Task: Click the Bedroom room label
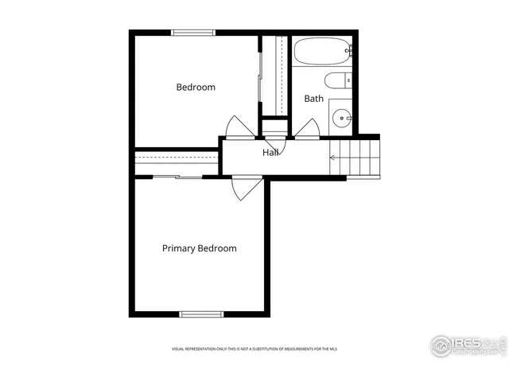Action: click(x=196, y=88)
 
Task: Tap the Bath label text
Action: click(x=313, y=99)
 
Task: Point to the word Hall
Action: click(x=270, y=152)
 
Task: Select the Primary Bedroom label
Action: click(x=199, y=248)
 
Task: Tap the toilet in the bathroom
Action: click(x=337, y=80)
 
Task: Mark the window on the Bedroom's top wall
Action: click(x=193, y=33)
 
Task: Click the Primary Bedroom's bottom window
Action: click(x=199, y=314)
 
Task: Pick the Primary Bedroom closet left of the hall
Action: click(x=176, y=162)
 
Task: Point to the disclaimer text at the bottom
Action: click(x=254, y=349)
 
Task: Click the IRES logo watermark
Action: click(x=468, y=345)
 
